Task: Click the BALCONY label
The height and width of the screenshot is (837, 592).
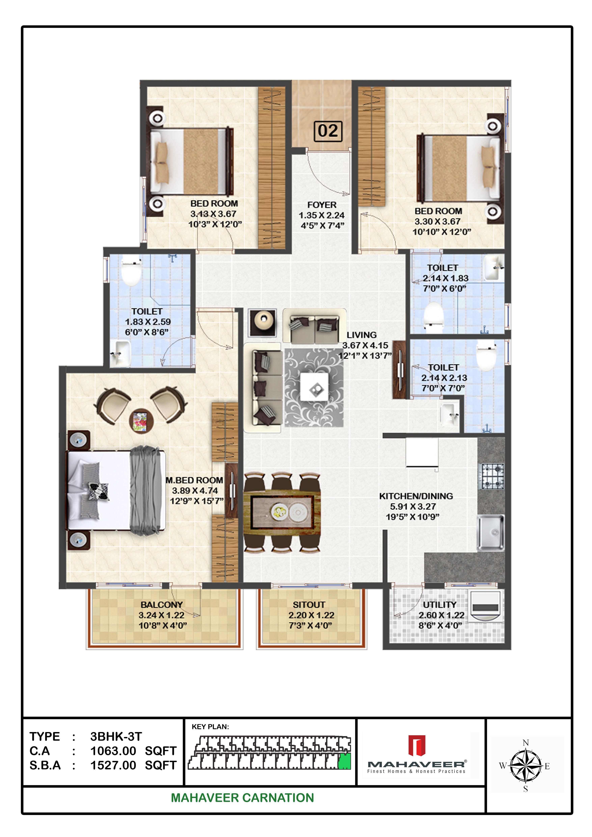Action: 162,604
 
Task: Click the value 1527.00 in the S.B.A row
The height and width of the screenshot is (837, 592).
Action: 113,765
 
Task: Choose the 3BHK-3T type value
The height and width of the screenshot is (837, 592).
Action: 116,736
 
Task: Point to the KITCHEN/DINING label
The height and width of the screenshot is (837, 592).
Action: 416,496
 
